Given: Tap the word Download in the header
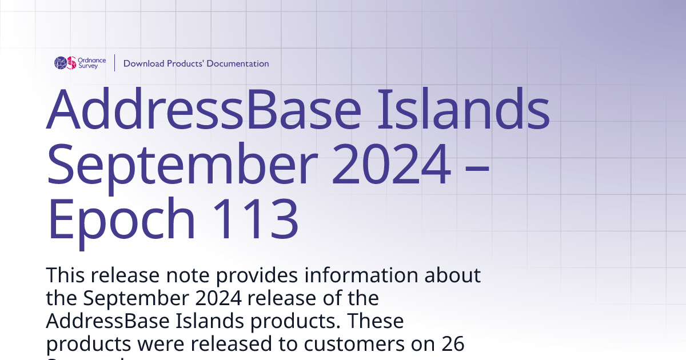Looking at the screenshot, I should click(143, 63).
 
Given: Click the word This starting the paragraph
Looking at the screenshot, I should click(66, 275).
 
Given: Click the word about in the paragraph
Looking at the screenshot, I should click(453, 275).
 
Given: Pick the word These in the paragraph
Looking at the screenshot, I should click(376, 321).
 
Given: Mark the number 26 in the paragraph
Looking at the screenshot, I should click(453, 344).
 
